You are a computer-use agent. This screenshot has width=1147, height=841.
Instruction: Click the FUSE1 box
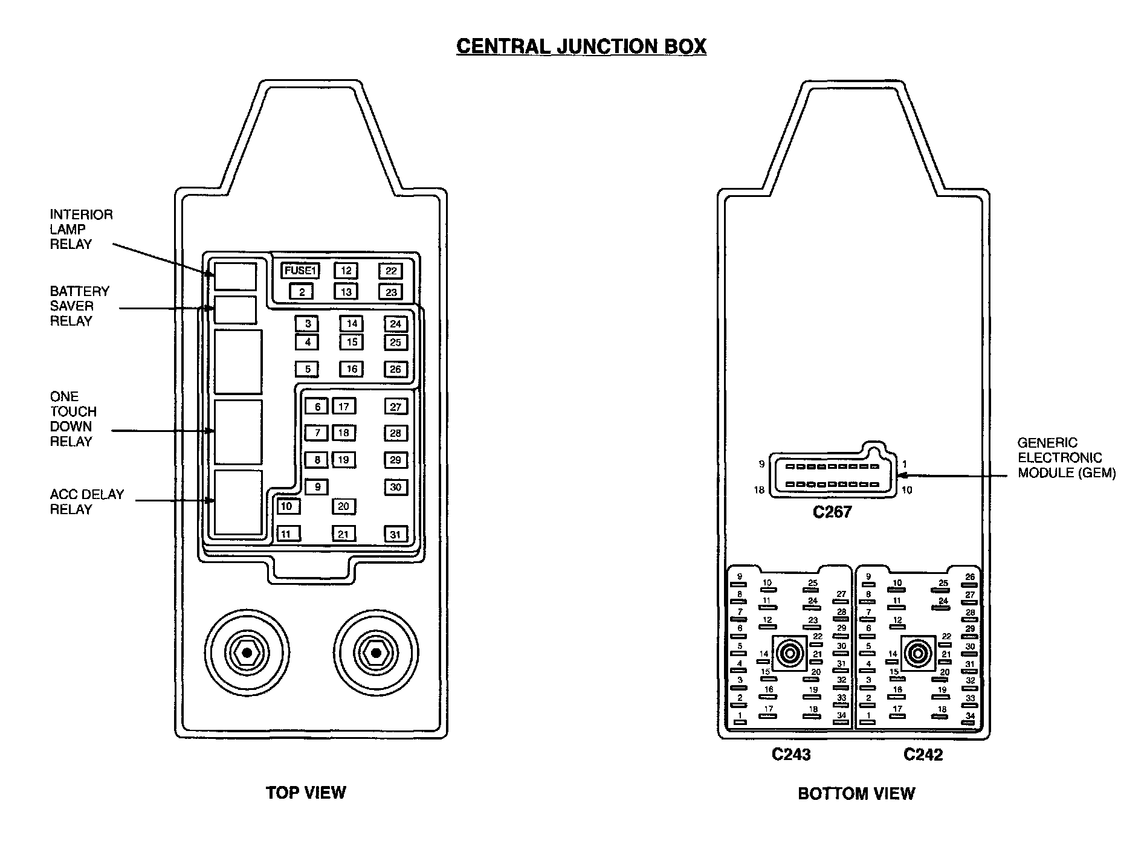click(x=300, y=271)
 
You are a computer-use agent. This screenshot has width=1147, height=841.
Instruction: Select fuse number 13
click(x=346, y=292)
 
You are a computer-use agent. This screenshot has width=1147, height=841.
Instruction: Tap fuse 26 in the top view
click(x=395, y=369)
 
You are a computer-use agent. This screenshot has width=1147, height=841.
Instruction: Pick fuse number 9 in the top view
click(x=317, y=487)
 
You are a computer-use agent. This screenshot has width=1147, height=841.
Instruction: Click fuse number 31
click(x=395, y=534)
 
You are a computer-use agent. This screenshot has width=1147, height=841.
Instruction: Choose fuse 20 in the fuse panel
click(x=343, y=506)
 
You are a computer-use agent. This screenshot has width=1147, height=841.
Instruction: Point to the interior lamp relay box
click(x=236, y=276)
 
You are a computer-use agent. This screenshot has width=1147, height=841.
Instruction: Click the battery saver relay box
click(x=236, y=310)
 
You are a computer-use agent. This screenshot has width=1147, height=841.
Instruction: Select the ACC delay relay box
click(x=238, y=503)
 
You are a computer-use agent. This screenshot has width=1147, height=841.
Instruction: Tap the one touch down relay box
click(x=238, y=431)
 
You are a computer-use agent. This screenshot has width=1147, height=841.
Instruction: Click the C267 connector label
click(x=832, y=512)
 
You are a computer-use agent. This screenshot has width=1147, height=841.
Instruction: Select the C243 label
click(x=791, y=755)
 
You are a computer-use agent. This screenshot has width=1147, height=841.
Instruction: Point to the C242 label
click(x=923, y=755)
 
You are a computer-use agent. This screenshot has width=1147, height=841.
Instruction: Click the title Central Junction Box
click(x=581, y=47)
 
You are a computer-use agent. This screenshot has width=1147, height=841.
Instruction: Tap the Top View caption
click(x=306, y=793)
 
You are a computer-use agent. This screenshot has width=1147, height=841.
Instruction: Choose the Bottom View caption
click(x=856, y=793)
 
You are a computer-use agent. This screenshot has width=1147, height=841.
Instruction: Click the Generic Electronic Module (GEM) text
click(x=1066, y=458)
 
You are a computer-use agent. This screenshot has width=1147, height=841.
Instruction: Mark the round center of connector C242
click(x=917, y=653)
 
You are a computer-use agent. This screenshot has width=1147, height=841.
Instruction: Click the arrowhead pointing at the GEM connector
click(x=902, y=476)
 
